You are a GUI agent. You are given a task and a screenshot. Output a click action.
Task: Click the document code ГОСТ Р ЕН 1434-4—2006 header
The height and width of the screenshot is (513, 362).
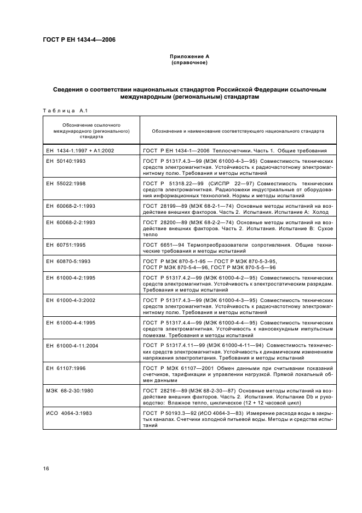(x=79, y=39)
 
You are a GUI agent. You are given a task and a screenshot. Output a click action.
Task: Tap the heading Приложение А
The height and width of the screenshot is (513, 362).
(x=189, y=56)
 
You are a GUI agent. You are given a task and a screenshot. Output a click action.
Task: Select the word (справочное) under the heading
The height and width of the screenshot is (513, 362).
(x=189, y=63)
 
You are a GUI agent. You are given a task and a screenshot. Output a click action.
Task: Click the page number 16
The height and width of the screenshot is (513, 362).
(x=47, y=468)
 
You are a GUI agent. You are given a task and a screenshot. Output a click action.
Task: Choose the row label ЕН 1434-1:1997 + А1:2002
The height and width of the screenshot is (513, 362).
(x=79, y=150)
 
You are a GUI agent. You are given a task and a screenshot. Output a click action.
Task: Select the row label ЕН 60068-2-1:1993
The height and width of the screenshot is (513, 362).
(x=68, y=207)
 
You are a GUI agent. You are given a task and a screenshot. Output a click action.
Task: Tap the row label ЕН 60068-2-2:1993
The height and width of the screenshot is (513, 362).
(x=68, y=223)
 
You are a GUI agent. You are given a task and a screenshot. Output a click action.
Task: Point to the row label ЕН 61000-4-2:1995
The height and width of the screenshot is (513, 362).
(x=68, y=278)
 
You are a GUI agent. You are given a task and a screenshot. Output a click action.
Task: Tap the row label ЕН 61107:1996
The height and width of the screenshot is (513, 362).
(x=64, y=368)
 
